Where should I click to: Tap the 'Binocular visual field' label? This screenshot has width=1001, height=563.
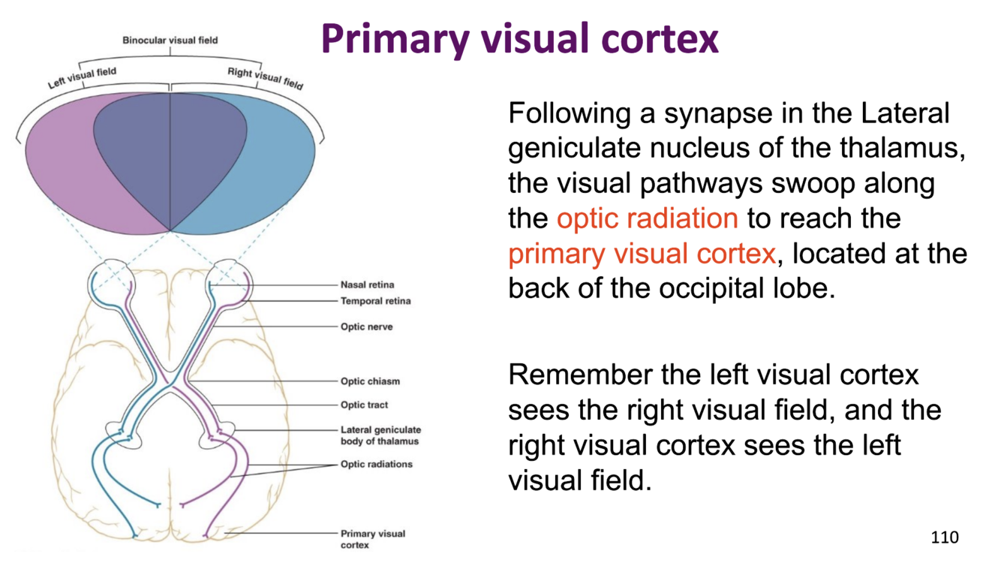170,40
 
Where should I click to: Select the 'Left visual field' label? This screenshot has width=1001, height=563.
83,77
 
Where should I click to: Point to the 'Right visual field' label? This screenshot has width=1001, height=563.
265,77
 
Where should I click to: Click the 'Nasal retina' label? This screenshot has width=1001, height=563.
367,285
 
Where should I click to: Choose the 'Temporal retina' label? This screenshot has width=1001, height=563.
375,301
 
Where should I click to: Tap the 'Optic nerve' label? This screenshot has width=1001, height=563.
366,327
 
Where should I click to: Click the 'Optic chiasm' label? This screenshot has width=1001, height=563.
370,381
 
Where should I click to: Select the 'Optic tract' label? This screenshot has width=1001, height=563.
364,405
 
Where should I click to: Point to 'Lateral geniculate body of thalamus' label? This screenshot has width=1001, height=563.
380,435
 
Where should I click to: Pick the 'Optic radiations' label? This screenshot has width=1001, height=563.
376,465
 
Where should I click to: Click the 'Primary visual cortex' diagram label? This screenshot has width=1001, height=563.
372,539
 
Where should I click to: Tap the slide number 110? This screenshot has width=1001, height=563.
945,537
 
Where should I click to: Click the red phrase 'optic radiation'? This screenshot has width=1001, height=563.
647,218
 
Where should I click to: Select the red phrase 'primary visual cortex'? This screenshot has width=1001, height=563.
641,254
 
